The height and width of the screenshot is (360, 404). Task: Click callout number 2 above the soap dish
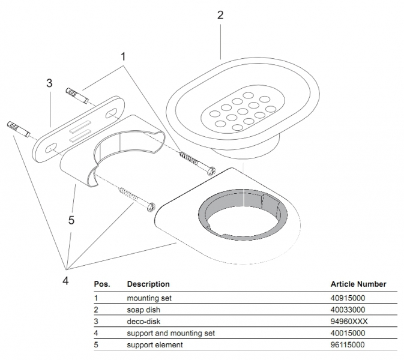(x=220, y=16)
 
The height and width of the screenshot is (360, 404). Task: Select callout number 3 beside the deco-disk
(x=50, y=83)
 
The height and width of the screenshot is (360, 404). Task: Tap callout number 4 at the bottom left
(x=66, y=280)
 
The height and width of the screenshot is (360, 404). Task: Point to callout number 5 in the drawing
(x=71, y=220)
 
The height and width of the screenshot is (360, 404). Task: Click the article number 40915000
(x=348, y=298)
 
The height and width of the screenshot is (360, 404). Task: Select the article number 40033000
(x=348, y=310)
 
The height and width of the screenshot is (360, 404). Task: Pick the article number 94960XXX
(x=349, y=321)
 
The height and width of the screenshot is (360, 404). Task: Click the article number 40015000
(x=348, y=333)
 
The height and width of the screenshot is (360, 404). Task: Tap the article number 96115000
(x=348, y=345)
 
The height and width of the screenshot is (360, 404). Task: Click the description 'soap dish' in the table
(x=142, y=310)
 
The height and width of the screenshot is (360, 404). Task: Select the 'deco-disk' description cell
(x=142, y=321)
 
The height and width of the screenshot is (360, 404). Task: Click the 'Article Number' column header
(x=358, y=284)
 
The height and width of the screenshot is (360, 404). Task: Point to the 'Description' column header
(x=148, y=284)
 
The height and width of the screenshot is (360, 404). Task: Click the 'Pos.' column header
(x=101, y=284)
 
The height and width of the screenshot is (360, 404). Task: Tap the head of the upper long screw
(x=211, y=170)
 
